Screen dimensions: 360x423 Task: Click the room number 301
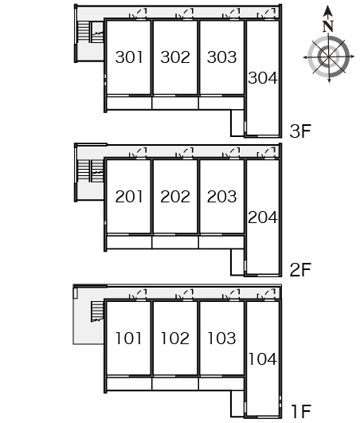(x=129, y=57)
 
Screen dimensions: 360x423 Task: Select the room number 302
(x=175, y=57)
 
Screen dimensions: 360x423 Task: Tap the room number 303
(x=221, y=57)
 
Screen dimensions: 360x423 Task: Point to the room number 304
(x=263, y=78)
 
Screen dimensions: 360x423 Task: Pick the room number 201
(x=129, y=197)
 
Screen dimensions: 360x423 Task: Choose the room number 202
(x=175, y=197)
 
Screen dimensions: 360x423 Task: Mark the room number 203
(x=221, y=197)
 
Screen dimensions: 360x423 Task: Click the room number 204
(x=263, y=217)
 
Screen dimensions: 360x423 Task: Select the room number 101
(x=128, y=339)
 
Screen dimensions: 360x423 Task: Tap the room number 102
(x=175, y=339)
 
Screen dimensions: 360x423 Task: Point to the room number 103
(x=221, y=339)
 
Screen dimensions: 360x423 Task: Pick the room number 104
(x=263, y=359)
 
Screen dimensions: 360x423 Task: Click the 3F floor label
(x=300, y=131)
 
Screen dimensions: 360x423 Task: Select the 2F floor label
(x=300, y=270)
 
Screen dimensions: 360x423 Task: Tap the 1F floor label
(x=302, y=412)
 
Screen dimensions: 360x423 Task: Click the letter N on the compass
(x=328, y=26)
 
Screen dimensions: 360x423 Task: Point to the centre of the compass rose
(x=328, y=57)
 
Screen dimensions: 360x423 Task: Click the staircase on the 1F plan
(x=97, y=311)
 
